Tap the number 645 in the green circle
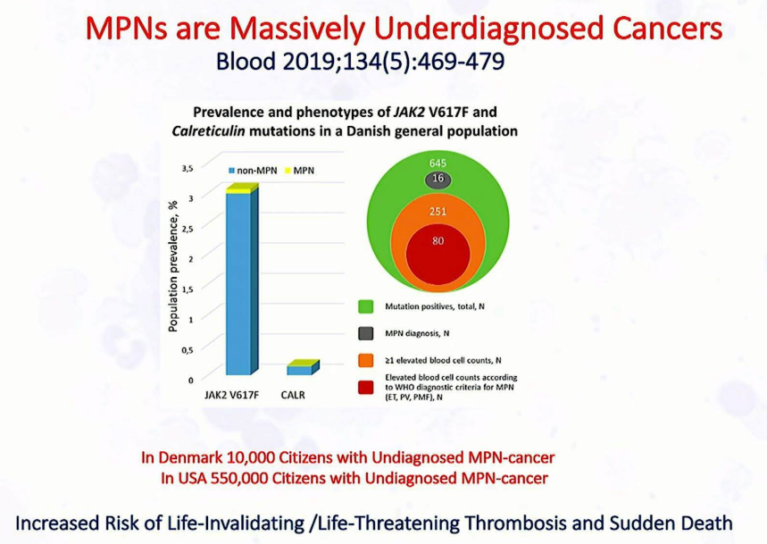[x=438, y=163]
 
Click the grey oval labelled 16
[x=438, y=179]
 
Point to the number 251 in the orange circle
[x=438, y=212]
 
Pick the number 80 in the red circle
[x=438, y=240]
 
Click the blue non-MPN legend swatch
[x=232, y=171]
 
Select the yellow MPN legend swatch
[x=288, y=171]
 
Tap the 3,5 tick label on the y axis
[x=188, y=168]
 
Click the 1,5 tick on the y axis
[x=188, y=289]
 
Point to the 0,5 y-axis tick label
[x=188, y=350]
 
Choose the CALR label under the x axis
[x=293, y=395]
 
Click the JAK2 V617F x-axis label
[x=231, y=395]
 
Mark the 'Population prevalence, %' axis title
[x=172, y=266]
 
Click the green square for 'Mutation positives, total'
[x=365, y=306]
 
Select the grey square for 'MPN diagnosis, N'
[x=365, y=334]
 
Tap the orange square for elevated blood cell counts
[x=365, y=361]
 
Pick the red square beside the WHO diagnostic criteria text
[x=365, y=388]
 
